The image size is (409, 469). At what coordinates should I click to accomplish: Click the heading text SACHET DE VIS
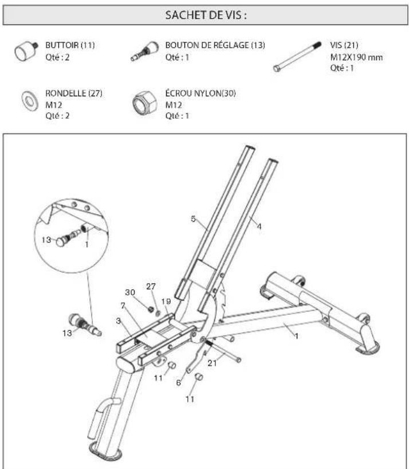click(x=204, y=15)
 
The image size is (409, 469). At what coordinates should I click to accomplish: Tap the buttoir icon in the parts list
click(x=25, y=52)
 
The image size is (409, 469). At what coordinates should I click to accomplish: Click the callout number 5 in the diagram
click(x=193, y=218)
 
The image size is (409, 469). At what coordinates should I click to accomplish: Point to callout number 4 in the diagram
click(x=259, y=227)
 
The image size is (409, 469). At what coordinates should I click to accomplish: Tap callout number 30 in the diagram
click(x=131, y=292)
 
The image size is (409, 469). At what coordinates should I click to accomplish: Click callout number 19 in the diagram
click(x=166, y=300)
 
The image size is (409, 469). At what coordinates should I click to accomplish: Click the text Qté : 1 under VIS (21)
click(x=343, y=68)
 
